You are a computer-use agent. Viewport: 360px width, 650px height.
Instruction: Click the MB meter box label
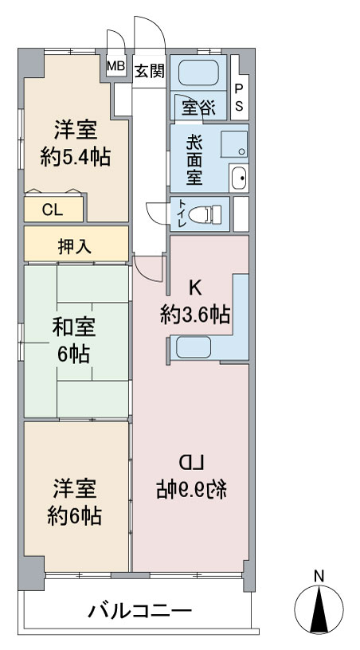[116, 66]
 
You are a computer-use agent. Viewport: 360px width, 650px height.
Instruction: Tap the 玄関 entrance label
[149, 72]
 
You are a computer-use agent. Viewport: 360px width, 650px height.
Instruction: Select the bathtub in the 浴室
[198, 72]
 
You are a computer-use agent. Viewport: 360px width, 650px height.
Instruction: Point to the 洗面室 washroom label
[194, 160]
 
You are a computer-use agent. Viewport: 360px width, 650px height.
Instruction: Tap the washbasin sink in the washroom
[240, 178]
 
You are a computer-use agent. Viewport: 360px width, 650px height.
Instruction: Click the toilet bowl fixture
[205, 214]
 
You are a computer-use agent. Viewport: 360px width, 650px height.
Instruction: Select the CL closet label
[53, 210]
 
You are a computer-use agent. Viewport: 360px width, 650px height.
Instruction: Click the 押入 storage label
[75, 247]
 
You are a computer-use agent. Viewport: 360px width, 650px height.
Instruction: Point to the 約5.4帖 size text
[76, 158]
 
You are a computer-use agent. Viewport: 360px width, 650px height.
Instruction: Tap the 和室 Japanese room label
[74, 327]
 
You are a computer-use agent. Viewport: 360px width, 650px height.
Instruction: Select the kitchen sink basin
[194, 347]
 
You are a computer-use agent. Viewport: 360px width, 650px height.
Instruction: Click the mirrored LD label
[191, 462]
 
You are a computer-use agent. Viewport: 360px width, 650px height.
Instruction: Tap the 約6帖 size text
[75, 516]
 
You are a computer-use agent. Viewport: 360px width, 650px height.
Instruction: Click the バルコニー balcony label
[139, 611]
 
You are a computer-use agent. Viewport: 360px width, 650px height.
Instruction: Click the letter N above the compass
[319, 576]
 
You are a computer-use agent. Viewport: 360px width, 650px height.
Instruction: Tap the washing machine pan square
[234, 144]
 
